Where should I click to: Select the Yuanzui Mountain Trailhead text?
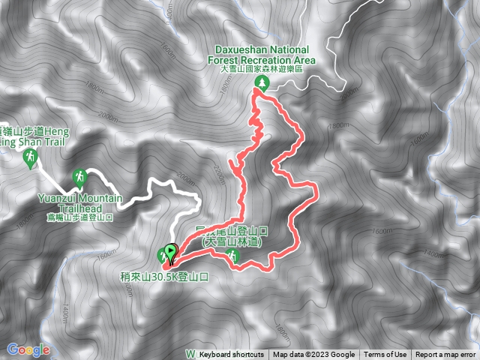point(74,202)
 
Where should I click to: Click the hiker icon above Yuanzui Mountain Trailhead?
point(78,177)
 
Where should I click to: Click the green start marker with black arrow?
point(170,253)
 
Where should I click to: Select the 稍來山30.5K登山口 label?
point(169,276)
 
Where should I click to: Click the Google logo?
point(28,349)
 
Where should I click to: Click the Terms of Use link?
point(385,355)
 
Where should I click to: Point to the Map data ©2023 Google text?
point(313,355)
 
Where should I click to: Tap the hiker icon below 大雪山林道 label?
point(233,257)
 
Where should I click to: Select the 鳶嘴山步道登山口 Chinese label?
point(74,217)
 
